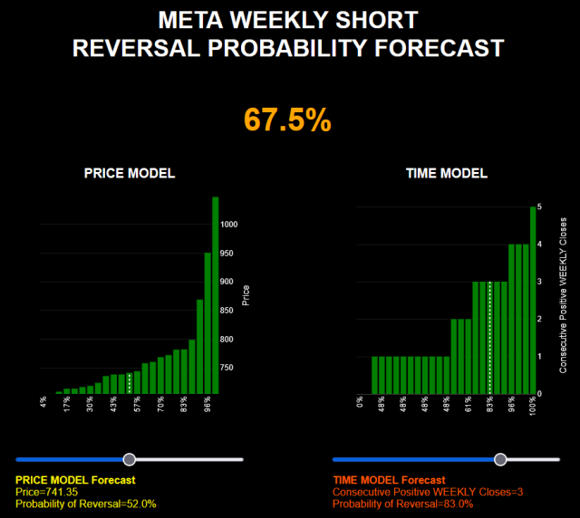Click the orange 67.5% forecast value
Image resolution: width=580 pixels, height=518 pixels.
(x=287, y=120)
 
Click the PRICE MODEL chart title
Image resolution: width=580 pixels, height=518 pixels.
(x=130, y=173)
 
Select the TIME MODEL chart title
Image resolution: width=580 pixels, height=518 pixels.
(x=447, y=173)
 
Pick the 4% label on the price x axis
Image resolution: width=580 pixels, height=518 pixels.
(x=43, y=401)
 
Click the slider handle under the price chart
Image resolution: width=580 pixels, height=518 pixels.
(x=130, y=460)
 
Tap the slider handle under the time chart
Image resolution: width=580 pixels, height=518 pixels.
(x=500, y=460)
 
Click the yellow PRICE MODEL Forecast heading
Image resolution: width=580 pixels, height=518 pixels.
(x=75, y=480)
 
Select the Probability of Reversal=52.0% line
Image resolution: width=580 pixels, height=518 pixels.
(x=86, y=504)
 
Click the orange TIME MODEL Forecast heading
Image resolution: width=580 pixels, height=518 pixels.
(x=390, y=480)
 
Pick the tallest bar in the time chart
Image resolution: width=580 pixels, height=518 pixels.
(x=533, y=300)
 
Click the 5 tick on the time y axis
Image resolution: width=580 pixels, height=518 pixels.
(x=540, y=207)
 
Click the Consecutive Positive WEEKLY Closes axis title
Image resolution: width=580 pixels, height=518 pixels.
(x=563, y=295)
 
